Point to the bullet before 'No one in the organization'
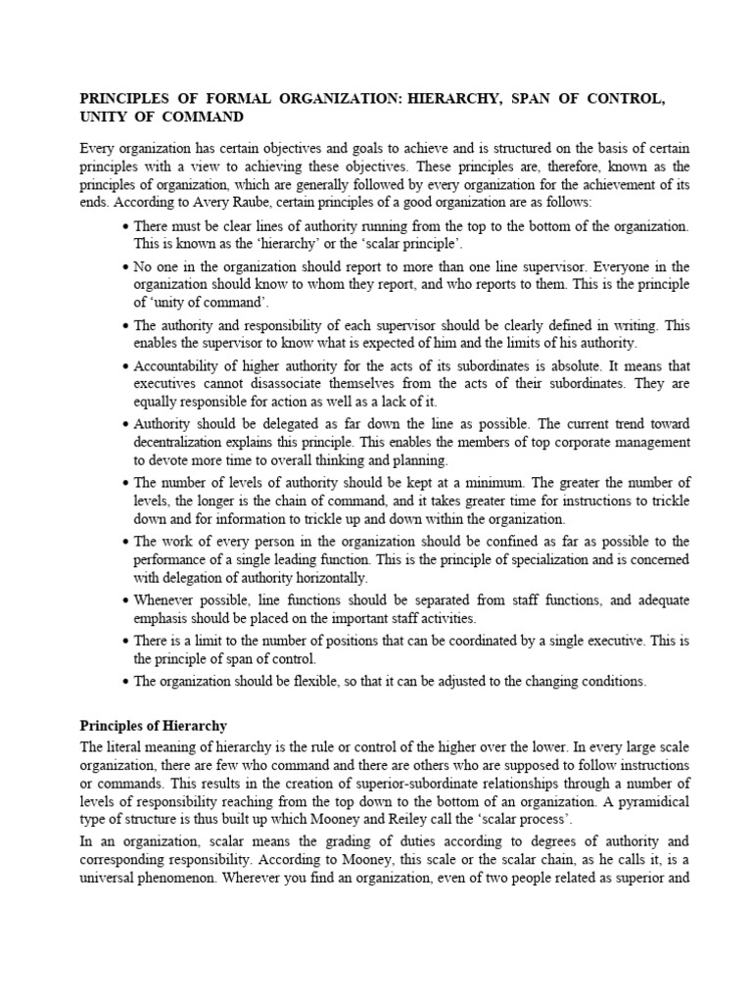(127, 266)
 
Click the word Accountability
(178, 365)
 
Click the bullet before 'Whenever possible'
(127, 599)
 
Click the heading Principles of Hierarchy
(152, 726)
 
